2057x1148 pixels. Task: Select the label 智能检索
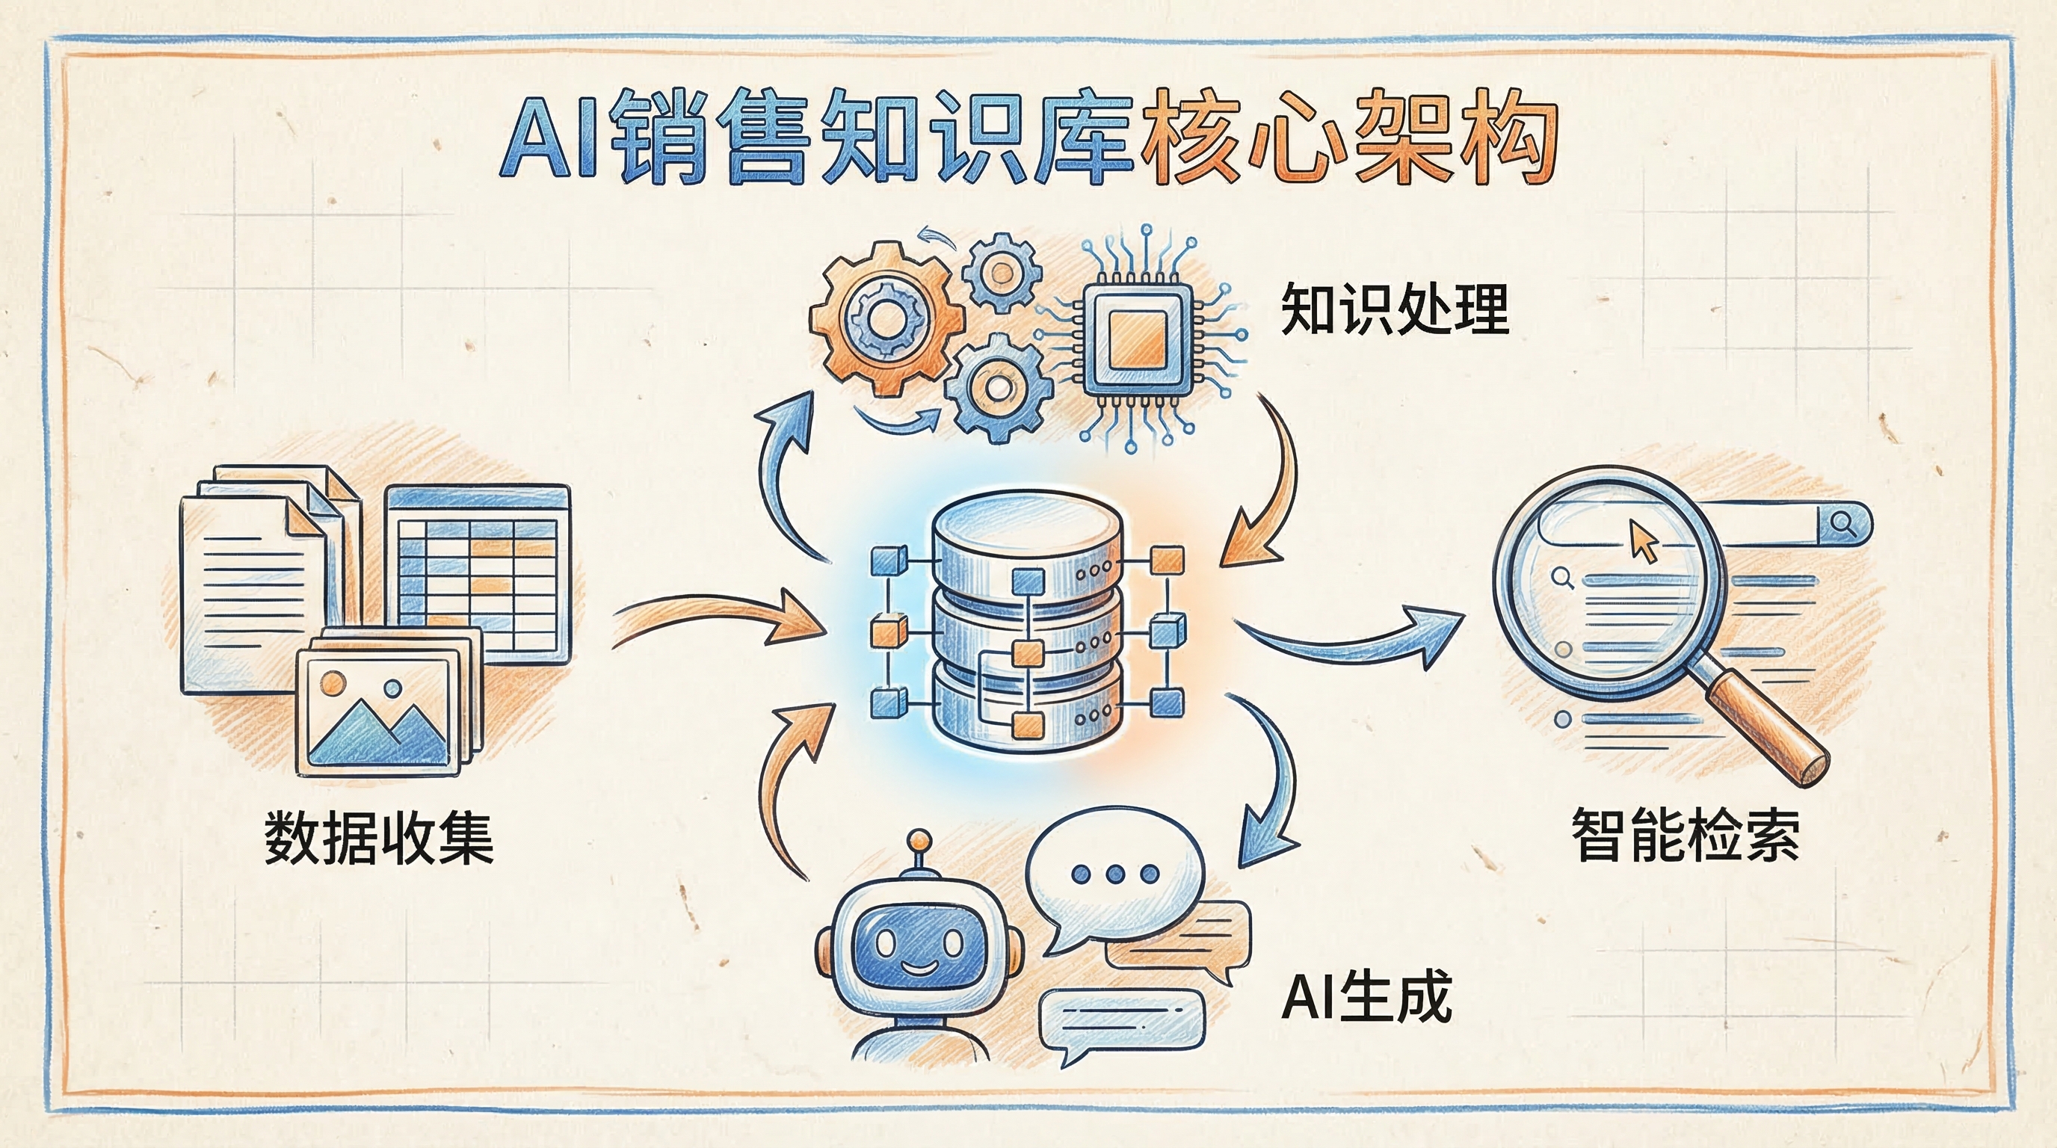click(x=1686, y=834)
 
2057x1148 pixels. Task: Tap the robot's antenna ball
click(x=921, y=841)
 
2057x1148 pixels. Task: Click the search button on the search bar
click(x=1843, y=525)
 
